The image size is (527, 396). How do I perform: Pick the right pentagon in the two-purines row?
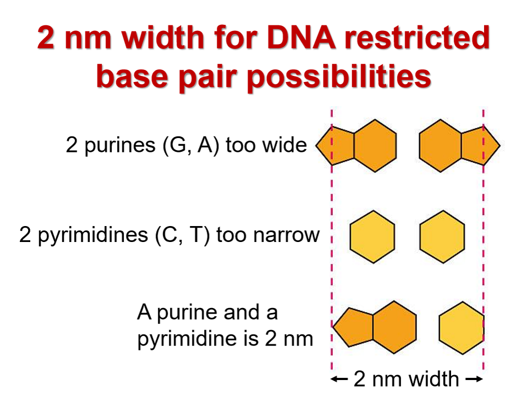tap(479, 146)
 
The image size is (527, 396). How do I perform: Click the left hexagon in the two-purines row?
tap(375, 146)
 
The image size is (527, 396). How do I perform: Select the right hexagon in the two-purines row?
tap(440, 146)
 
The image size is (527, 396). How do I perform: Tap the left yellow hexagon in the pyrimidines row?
tap(372, 237)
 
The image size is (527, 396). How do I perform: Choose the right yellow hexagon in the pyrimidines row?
tap(442, 237)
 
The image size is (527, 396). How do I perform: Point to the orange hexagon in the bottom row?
tap(394, 328)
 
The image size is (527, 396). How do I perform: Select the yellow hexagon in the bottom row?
tap(462, 328)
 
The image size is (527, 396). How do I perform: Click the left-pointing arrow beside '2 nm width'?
tap(340, 379)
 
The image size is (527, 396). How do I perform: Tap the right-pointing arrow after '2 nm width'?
tap(474, 379)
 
